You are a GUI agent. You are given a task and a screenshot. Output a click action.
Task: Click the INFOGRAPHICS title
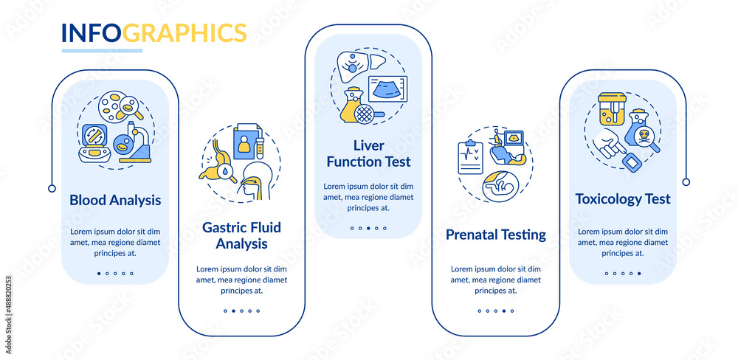coord(154,32)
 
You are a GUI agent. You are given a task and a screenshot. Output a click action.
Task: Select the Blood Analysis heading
coord(115,201)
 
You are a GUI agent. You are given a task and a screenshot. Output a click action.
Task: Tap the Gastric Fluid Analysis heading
coord(241,236)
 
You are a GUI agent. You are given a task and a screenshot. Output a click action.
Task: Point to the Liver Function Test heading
coord(368,153)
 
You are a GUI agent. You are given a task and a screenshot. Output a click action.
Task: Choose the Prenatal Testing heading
coord(496,235)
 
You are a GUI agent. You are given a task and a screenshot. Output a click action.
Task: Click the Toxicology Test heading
coord(623,198)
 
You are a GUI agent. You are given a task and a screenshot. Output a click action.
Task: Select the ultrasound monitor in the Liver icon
coord(387,89)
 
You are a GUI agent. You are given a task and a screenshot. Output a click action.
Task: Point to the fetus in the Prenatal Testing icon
coord(500,187)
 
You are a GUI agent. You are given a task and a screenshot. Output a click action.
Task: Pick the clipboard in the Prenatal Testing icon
coord(471,157)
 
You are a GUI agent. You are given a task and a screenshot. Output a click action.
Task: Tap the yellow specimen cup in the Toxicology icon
coord(612,108)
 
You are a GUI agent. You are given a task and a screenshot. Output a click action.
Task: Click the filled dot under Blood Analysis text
coord(99,274)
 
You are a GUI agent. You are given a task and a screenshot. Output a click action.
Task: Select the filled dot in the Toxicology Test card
coord(639,274)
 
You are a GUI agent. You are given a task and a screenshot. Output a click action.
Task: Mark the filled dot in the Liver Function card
coord(368,228)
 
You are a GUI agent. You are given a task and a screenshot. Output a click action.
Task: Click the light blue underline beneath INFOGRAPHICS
coord(102,50)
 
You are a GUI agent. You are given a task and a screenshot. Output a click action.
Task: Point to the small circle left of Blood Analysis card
coord(52,189)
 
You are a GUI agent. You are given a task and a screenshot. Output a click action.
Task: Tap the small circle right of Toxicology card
coord(686,182)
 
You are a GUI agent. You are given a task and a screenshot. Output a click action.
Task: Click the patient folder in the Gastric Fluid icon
coord(247,141)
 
